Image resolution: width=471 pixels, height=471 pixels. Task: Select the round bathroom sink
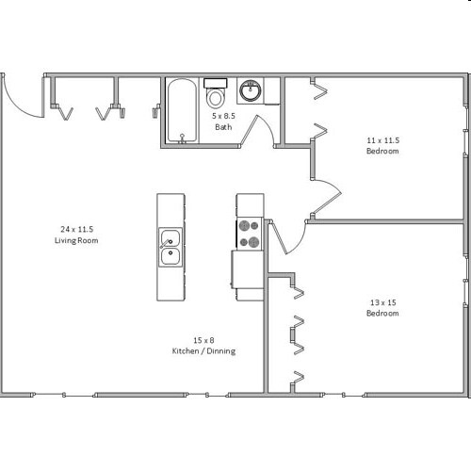251,92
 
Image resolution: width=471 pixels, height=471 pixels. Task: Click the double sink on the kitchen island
171,246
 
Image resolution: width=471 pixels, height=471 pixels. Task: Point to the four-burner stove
250,234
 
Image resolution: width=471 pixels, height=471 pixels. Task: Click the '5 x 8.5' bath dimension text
223,115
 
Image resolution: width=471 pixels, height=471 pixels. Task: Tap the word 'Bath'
223,126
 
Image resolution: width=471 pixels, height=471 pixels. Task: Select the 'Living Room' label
77,240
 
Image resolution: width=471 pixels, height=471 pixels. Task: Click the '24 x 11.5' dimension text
77,229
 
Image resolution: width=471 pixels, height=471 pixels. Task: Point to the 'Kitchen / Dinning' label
203,350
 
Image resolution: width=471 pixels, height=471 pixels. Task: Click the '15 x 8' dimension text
203,339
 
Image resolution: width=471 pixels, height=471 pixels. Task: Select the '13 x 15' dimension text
382,301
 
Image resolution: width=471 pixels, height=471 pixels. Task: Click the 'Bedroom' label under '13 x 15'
382,313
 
